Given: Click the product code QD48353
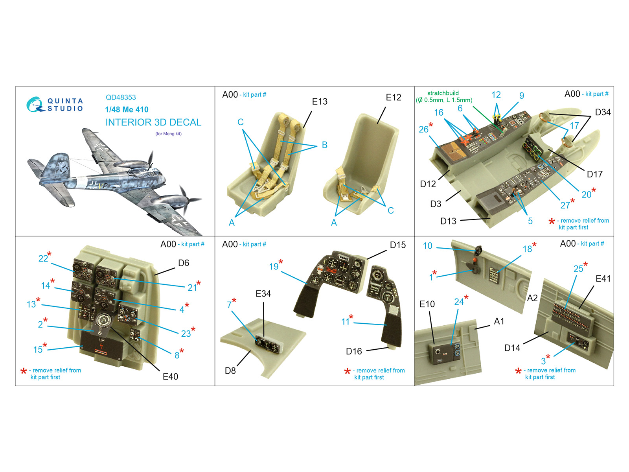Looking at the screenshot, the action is [x=121, y=98].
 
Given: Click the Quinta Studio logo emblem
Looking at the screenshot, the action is [x=35, y=105].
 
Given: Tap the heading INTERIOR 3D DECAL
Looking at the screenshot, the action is [x=153, y=122].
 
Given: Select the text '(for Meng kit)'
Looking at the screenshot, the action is [x=169, y=134].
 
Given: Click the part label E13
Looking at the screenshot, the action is [x=320, y=101].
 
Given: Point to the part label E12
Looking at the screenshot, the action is [x=394, y=98].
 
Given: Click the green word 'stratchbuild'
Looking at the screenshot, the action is [x=443, y=93].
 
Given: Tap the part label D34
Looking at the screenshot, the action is [x=603, y=112].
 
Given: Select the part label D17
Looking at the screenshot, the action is [x=595, y=174].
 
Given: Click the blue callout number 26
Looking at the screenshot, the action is [x=423, y=129].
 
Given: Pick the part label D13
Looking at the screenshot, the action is [x=448, y=221].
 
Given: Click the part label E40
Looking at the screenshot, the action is [x=170, y=376].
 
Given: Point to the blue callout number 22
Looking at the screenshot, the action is [x=43, y=258].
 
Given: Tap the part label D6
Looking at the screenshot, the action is [x=184, y=263].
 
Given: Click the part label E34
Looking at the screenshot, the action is [x=263, y=294].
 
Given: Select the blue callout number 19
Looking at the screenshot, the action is [x=274, y=267].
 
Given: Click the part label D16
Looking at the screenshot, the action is [x=354, y=351].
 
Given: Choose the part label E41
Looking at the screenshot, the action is [x=603, y=278].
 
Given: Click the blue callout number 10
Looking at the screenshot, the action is [x=428, y=246].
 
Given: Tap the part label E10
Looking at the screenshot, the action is [x=427, y=304].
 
